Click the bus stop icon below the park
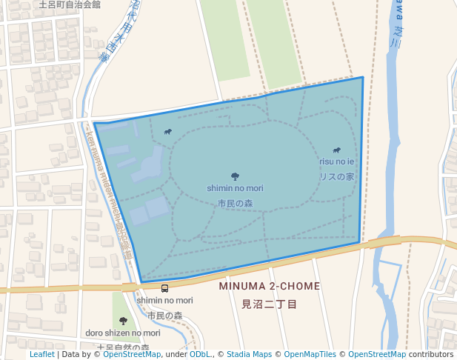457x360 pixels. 164,288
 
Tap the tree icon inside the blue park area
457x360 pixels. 235,176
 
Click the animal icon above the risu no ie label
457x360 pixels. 337,150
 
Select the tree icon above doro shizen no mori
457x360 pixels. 123,321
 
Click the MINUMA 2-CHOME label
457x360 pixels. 270,286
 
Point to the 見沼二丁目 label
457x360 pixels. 270,304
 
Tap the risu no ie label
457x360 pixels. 337,161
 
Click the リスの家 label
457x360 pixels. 337,177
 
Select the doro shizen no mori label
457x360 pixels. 123,333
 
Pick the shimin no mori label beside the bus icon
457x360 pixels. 164,300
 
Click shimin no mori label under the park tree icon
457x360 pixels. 235,189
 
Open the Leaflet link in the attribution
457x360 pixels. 41,354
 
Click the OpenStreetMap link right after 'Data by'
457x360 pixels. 132,354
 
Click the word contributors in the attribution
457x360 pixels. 431,354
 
